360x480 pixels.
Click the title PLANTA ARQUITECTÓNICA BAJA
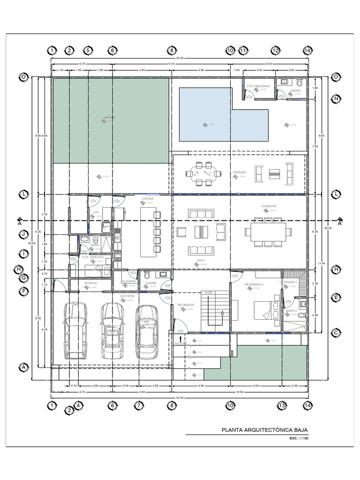tap(264, 430)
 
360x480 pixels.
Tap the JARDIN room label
tap(109, 117)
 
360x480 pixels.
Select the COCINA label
tap(148, 199)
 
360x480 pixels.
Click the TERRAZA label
tap(239, 172)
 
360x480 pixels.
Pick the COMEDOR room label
tap(269, 206)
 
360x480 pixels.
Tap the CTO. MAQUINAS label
tap(256, 86)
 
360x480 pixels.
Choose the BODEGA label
tap(90, 283)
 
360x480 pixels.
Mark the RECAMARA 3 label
tap(254, 285)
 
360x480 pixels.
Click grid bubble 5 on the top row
tap(87, 51)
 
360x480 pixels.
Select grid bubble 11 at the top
tap(243, 51)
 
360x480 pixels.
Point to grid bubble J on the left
tap(22, 233)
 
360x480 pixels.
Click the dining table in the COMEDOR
tap(266, 232)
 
